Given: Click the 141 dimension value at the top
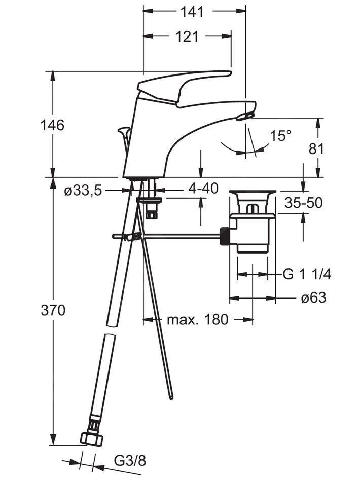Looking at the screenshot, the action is [192, 12].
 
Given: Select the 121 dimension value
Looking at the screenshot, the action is [187, 37].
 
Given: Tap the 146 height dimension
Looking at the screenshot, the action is [52, 125].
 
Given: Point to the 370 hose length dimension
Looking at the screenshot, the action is [53, 310].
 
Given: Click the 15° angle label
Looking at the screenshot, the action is [280, 136].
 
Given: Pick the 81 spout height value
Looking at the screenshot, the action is [316, 149].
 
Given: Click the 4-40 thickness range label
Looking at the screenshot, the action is [203, 188].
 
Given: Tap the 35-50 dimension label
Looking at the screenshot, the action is [303, 203].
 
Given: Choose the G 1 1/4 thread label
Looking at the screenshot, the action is [307, 274].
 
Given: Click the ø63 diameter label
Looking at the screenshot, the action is [313, 298].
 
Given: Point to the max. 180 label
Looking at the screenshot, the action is [197, 319].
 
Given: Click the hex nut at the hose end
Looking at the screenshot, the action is [92, 438].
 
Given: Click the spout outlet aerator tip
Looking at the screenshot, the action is [244, 116].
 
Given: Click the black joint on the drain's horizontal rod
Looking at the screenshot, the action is [225, 236].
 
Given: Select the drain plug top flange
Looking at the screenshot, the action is [253, 193].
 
